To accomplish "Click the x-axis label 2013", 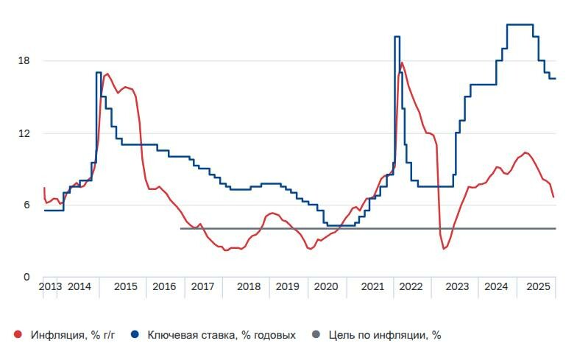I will tap(51, 286).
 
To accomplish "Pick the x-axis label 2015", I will tap(125, 286).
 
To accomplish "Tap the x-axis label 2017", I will tap(202, 286).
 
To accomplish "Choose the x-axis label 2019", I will tap(288, 286).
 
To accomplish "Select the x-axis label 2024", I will tap(497, 286).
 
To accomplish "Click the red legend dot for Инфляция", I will tap(18, 335).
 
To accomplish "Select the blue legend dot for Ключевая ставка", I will tap(135, 335).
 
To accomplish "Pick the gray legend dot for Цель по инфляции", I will tap(316, 335).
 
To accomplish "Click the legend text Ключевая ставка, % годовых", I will tap(222, 335).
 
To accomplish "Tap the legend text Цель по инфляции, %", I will tap(385, 335).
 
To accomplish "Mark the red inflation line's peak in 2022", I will tap(401, 63).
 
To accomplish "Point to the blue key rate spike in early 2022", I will tap(397, 37).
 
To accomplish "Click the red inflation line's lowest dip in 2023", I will tap(444, 249).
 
